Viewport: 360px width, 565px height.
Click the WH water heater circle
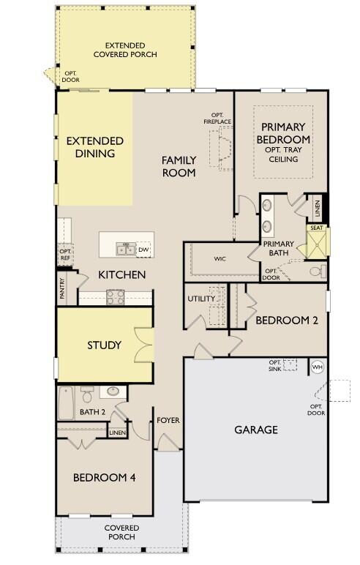pos(317,367)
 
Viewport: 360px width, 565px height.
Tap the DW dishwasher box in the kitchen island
pos(143,250)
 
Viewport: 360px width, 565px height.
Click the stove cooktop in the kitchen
pos(115,296)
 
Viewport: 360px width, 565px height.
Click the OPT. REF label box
pos(65,255)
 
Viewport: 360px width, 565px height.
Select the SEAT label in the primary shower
pos(317,228)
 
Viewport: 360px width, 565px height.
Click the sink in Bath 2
pos(111,391)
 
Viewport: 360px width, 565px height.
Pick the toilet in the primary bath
pos(315,272)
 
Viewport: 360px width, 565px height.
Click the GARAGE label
pos(256,430)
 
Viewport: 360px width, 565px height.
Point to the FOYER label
pos(168,421)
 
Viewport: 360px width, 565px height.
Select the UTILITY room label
pos(200,299)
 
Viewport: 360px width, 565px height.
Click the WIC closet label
pos(220,258)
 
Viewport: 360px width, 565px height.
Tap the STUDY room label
pos(104,345)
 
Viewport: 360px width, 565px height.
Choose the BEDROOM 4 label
pos(104,477)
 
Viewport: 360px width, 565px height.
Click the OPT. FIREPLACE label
pos(217,119)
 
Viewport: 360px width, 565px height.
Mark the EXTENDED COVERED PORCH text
pos(130,50)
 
